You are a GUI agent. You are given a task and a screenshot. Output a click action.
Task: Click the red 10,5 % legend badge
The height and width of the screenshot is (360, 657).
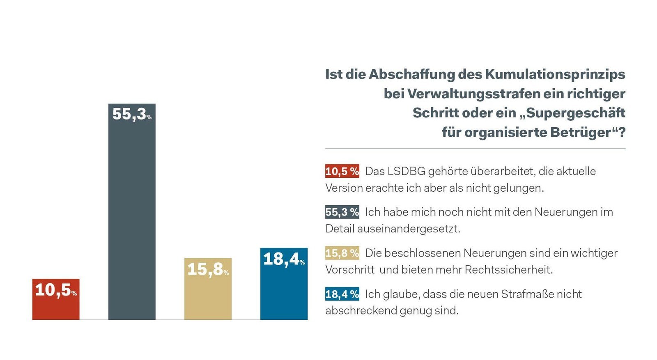(x=342, y=171)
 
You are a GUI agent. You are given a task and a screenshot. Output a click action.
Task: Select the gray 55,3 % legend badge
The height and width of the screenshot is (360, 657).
(x=342, y=212)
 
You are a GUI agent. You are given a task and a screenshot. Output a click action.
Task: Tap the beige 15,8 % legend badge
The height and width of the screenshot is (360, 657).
(x=342, y=253)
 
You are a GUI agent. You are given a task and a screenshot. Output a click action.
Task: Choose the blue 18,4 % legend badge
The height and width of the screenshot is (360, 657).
(x=342, y=294)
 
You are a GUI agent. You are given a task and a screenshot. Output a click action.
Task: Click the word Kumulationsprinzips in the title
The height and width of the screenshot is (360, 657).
(x=555, y=74)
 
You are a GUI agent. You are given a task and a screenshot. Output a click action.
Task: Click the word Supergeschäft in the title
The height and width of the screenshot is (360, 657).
(x=575, y=113)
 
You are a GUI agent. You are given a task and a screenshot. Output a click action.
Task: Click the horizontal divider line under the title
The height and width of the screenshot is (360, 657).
(x=475, y=149)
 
